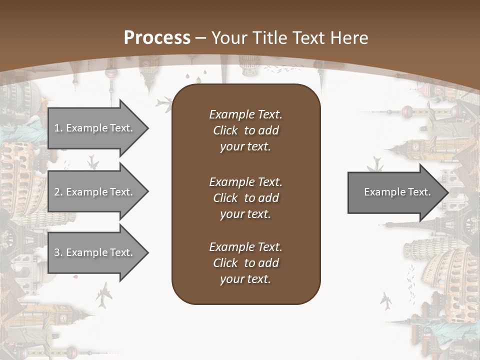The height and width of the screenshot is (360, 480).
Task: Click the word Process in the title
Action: tap(157, 38)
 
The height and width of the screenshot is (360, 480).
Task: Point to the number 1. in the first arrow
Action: tap(58, 128)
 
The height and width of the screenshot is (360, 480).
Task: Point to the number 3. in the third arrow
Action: tap(58, 252)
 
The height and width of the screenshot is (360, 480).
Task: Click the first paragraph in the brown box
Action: tap(245, 130)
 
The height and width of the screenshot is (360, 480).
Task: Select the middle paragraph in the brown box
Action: tap(245, 198)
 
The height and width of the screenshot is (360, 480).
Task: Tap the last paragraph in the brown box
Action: tap(245, 263)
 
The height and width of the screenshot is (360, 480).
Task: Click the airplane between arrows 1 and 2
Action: tap(92, 161)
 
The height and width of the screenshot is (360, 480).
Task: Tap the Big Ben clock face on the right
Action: tap(415, 146)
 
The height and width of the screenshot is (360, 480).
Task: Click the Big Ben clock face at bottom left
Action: tap(64, 318)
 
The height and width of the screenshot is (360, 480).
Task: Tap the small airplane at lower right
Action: tap(386, 301)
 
